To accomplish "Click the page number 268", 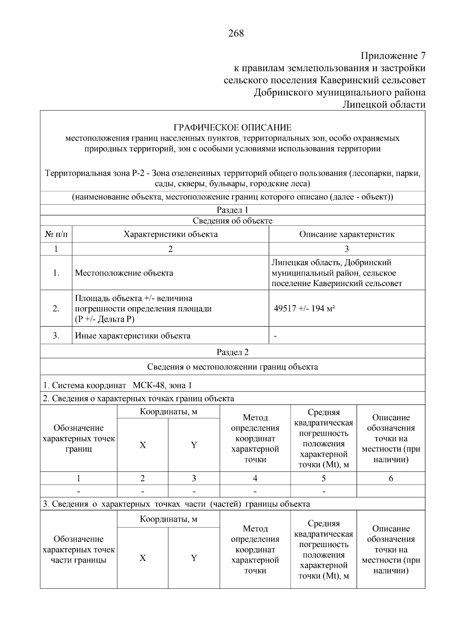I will click(x=236, y=33).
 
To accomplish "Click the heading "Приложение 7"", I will click(x=393, y=56).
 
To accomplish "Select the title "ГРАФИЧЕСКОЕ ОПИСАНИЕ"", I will click(x=232, y=127).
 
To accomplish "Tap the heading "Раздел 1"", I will click(x=232, y=210).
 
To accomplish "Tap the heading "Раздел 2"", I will click(x=232, y=352).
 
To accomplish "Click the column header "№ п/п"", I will click(x=56, y=234).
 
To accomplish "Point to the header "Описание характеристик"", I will click(x=347, y=234).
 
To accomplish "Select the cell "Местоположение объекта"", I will click(x=124, y=273).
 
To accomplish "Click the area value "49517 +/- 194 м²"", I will click(x=304, y=309).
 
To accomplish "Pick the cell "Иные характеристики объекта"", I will click(x=133, y=336).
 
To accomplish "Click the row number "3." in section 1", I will click(x=56, y=336).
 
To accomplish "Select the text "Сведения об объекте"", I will click(x=232, y=221).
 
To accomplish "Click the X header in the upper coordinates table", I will click(x=142, y=445).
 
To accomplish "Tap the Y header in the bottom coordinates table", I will click(x=194, y=558).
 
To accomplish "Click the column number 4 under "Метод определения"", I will click(x=255, y=478).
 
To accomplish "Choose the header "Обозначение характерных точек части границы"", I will click(x=79, y=550).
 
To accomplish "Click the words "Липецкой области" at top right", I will click(x=384, y=105).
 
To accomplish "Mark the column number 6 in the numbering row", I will click(x=390, y=478).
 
